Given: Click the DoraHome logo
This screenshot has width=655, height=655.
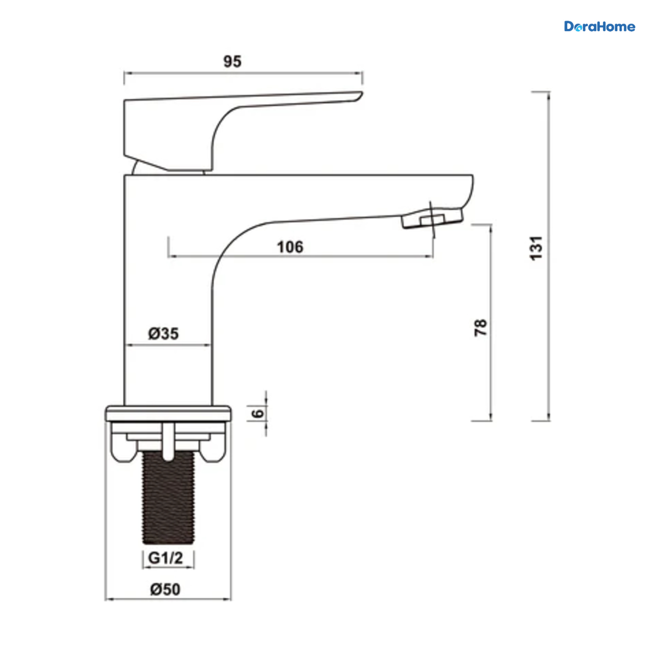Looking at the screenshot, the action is coord(599,27).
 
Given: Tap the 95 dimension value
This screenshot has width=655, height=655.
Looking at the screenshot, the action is coord(233,62).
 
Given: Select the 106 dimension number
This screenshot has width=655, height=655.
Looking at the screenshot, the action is coord(290,247).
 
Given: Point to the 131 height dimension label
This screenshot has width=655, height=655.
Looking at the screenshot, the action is coord(537,248).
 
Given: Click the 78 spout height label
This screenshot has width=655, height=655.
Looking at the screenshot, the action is coord(481,327).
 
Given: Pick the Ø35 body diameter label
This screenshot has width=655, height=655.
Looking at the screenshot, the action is coord(164,334).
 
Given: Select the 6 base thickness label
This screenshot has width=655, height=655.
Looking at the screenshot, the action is coord(258,413).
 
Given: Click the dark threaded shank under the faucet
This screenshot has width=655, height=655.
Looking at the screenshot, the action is coord(168,498).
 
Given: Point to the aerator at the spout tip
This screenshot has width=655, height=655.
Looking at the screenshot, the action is coord(432,218).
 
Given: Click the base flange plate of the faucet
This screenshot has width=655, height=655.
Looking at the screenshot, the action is coord(168,413).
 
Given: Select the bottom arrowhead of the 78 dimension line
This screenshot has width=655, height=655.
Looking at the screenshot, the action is coord(491,417).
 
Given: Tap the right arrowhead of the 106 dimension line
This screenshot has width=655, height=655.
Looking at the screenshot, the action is coord(429,257).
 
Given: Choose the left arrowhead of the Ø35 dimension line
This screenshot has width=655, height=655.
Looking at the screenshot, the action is coord(129,346).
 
